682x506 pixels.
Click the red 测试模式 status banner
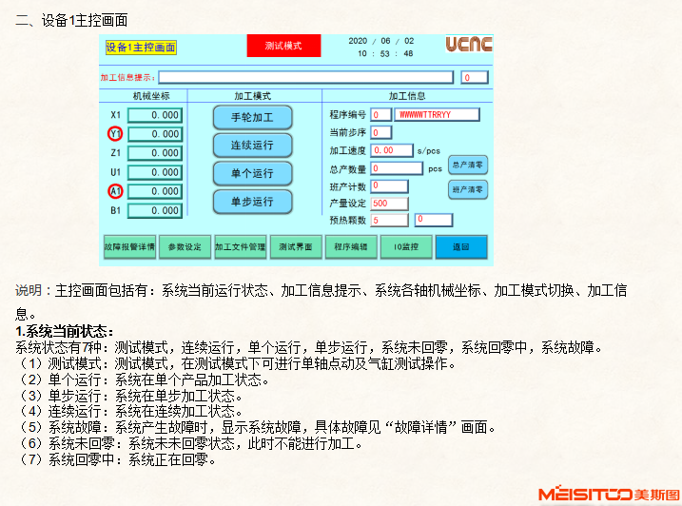pyautogui.click(x=283, y=46)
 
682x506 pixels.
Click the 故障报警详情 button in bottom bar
pyautogui.click(x=128, y=246)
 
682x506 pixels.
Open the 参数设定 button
pyautogui.click(x=185, y=246)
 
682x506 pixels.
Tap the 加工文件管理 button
pyautogui.click(x=240, y=246)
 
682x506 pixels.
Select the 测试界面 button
pyautogui.click(x=296, y=246)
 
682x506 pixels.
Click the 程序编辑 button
pyautogui.click(x=351, y=246)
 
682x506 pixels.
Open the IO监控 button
pyautogui.click(x=406, y=246)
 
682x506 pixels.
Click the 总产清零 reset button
pyautogui.click(x=467, y=164)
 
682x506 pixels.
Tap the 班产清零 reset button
pyautogui.click(x=467, y=189)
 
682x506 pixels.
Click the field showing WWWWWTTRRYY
pyautogui.click(x=430, y=115)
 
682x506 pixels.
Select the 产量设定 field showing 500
pyautogui.click(x=389, y=203)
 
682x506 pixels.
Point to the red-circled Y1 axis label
pyautogui.click(x=115, y=134)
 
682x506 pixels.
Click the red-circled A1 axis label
pyautogui.click(x=115, y=191)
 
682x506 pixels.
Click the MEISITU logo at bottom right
pyautogui.click(x=609, y=494)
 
